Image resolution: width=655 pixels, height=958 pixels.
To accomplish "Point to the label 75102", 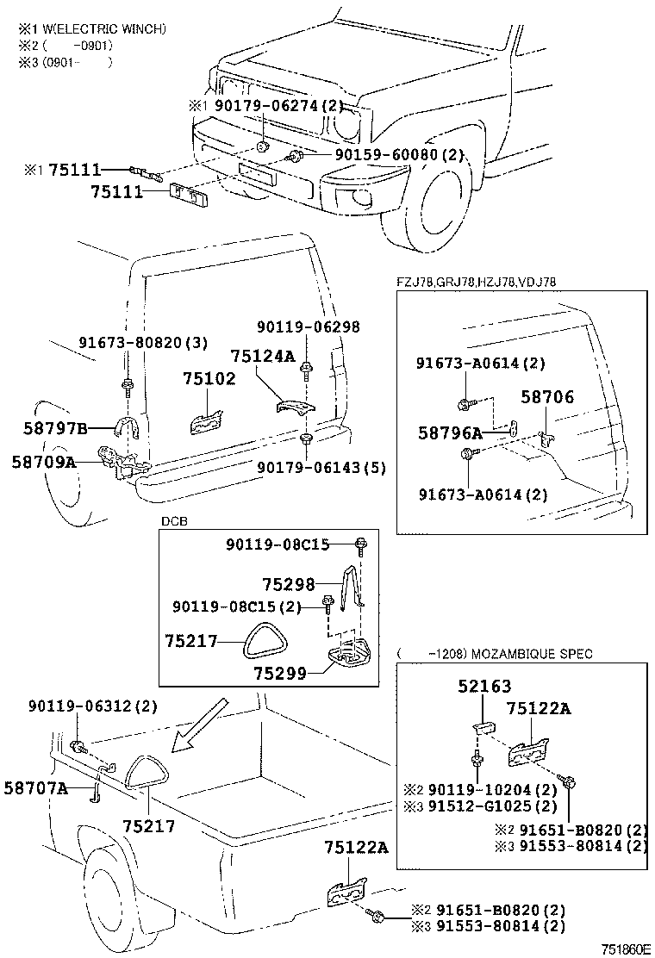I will coord(209,379).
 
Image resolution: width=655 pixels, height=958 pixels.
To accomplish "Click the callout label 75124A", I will coord(262,356).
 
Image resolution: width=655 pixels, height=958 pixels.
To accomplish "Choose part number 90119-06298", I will coord(308,327).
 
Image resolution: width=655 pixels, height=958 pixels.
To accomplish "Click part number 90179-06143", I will coord(321,468).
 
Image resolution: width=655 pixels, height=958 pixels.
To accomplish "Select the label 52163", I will coord(484,687).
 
